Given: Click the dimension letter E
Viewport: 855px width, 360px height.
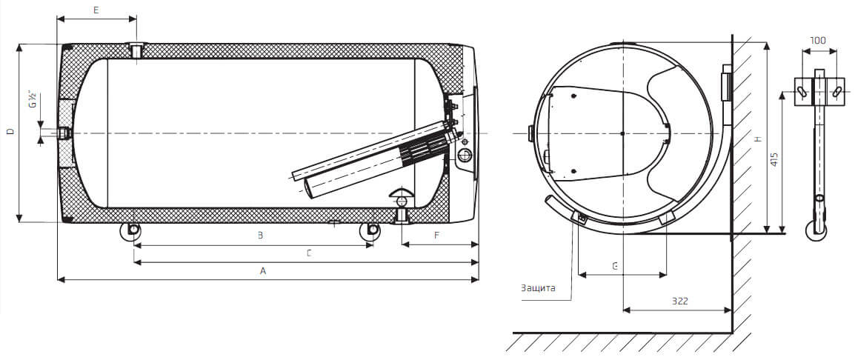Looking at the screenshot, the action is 96,10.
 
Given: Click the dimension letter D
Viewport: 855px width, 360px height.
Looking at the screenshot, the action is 10,132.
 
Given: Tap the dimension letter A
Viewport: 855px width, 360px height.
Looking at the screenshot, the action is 263,270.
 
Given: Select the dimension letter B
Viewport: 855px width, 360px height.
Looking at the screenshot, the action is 261,236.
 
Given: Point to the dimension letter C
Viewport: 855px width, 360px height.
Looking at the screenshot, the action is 309,253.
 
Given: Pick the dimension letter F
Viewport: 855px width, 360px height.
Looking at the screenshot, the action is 436,236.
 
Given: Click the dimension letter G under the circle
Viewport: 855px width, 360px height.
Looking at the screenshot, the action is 614,266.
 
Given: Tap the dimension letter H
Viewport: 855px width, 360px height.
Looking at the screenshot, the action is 757,140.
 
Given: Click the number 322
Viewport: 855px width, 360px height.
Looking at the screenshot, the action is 679,301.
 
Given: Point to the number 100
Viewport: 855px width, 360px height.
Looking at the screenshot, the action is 818,40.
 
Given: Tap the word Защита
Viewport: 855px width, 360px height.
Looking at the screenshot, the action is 538,288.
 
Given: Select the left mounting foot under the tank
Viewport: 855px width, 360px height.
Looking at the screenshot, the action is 131,230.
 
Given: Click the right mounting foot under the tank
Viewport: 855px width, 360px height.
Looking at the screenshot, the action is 370,230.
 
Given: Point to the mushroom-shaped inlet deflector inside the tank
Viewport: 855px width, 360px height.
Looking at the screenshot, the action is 402,197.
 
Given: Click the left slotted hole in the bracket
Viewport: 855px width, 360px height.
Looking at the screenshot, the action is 802,92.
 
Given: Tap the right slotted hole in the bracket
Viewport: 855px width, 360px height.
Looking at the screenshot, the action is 836,92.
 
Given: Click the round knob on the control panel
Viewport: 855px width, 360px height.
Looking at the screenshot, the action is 465,156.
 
